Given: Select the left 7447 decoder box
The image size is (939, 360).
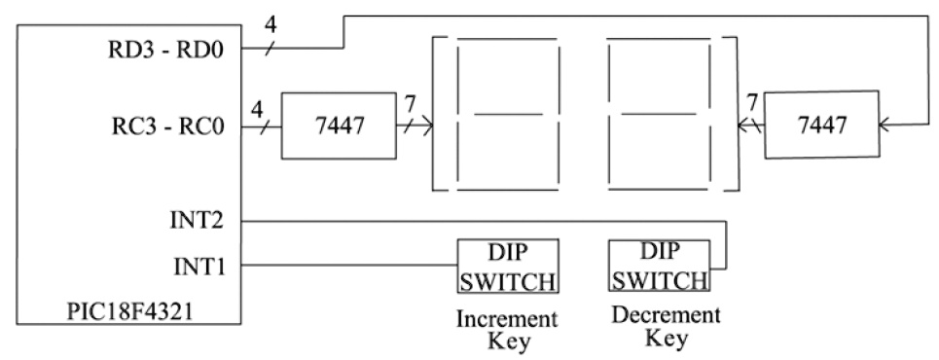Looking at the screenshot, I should [338, 126].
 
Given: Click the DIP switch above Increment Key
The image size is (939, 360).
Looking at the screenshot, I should [507, 266].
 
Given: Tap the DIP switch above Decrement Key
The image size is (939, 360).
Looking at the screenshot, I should [659, 266].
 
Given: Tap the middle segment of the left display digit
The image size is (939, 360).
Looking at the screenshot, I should [508, 115].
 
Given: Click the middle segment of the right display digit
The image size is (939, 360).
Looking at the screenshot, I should [656, 115].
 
